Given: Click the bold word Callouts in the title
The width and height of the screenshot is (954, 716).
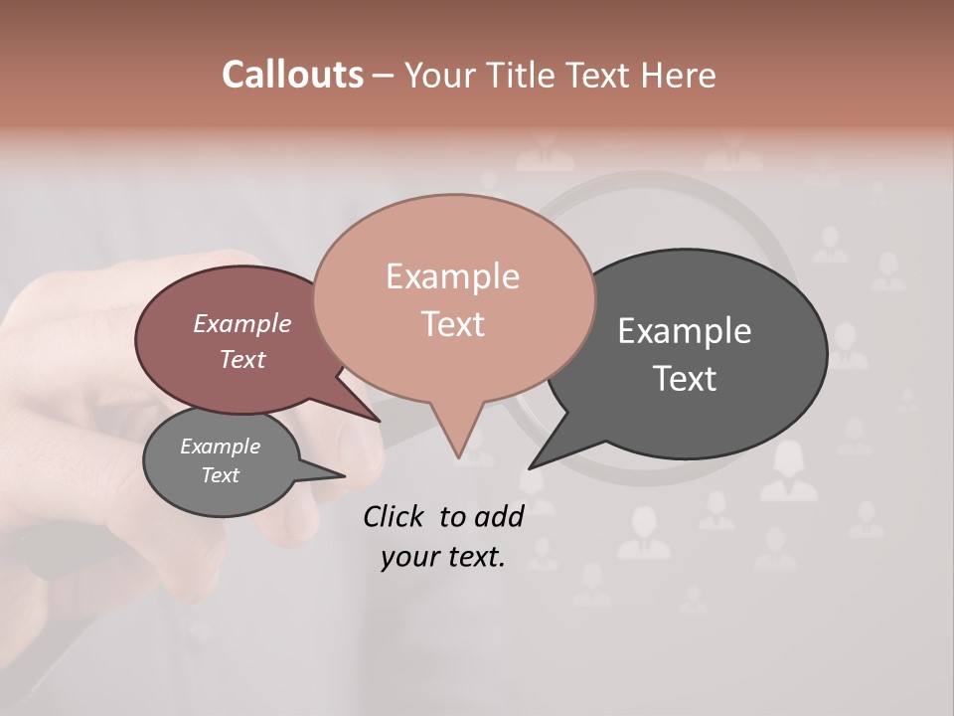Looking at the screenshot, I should (292, 75).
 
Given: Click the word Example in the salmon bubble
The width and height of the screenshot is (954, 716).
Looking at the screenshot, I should (452, 276).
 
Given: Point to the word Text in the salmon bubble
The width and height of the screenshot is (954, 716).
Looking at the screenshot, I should (452, 324).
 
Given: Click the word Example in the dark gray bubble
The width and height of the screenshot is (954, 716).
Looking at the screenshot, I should (685, 331).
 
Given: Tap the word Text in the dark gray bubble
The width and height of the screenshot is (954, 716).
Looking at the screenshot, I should (685, 379).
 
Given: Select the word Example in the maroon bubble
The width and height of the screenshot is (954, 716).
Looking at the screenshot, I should (242, 323).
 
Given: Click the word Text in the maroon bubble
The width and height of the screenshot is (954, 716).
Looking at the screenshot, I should (242, 359).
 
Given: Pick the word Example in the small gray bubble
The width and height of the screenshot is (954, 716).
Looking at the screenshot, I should (221, 447).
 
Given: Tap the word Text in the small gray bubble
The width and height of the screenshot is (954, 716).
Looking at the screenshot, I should (221, 475).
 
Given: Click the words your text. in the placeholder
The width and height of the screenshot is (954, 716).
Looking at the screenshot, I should (443, 557).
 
